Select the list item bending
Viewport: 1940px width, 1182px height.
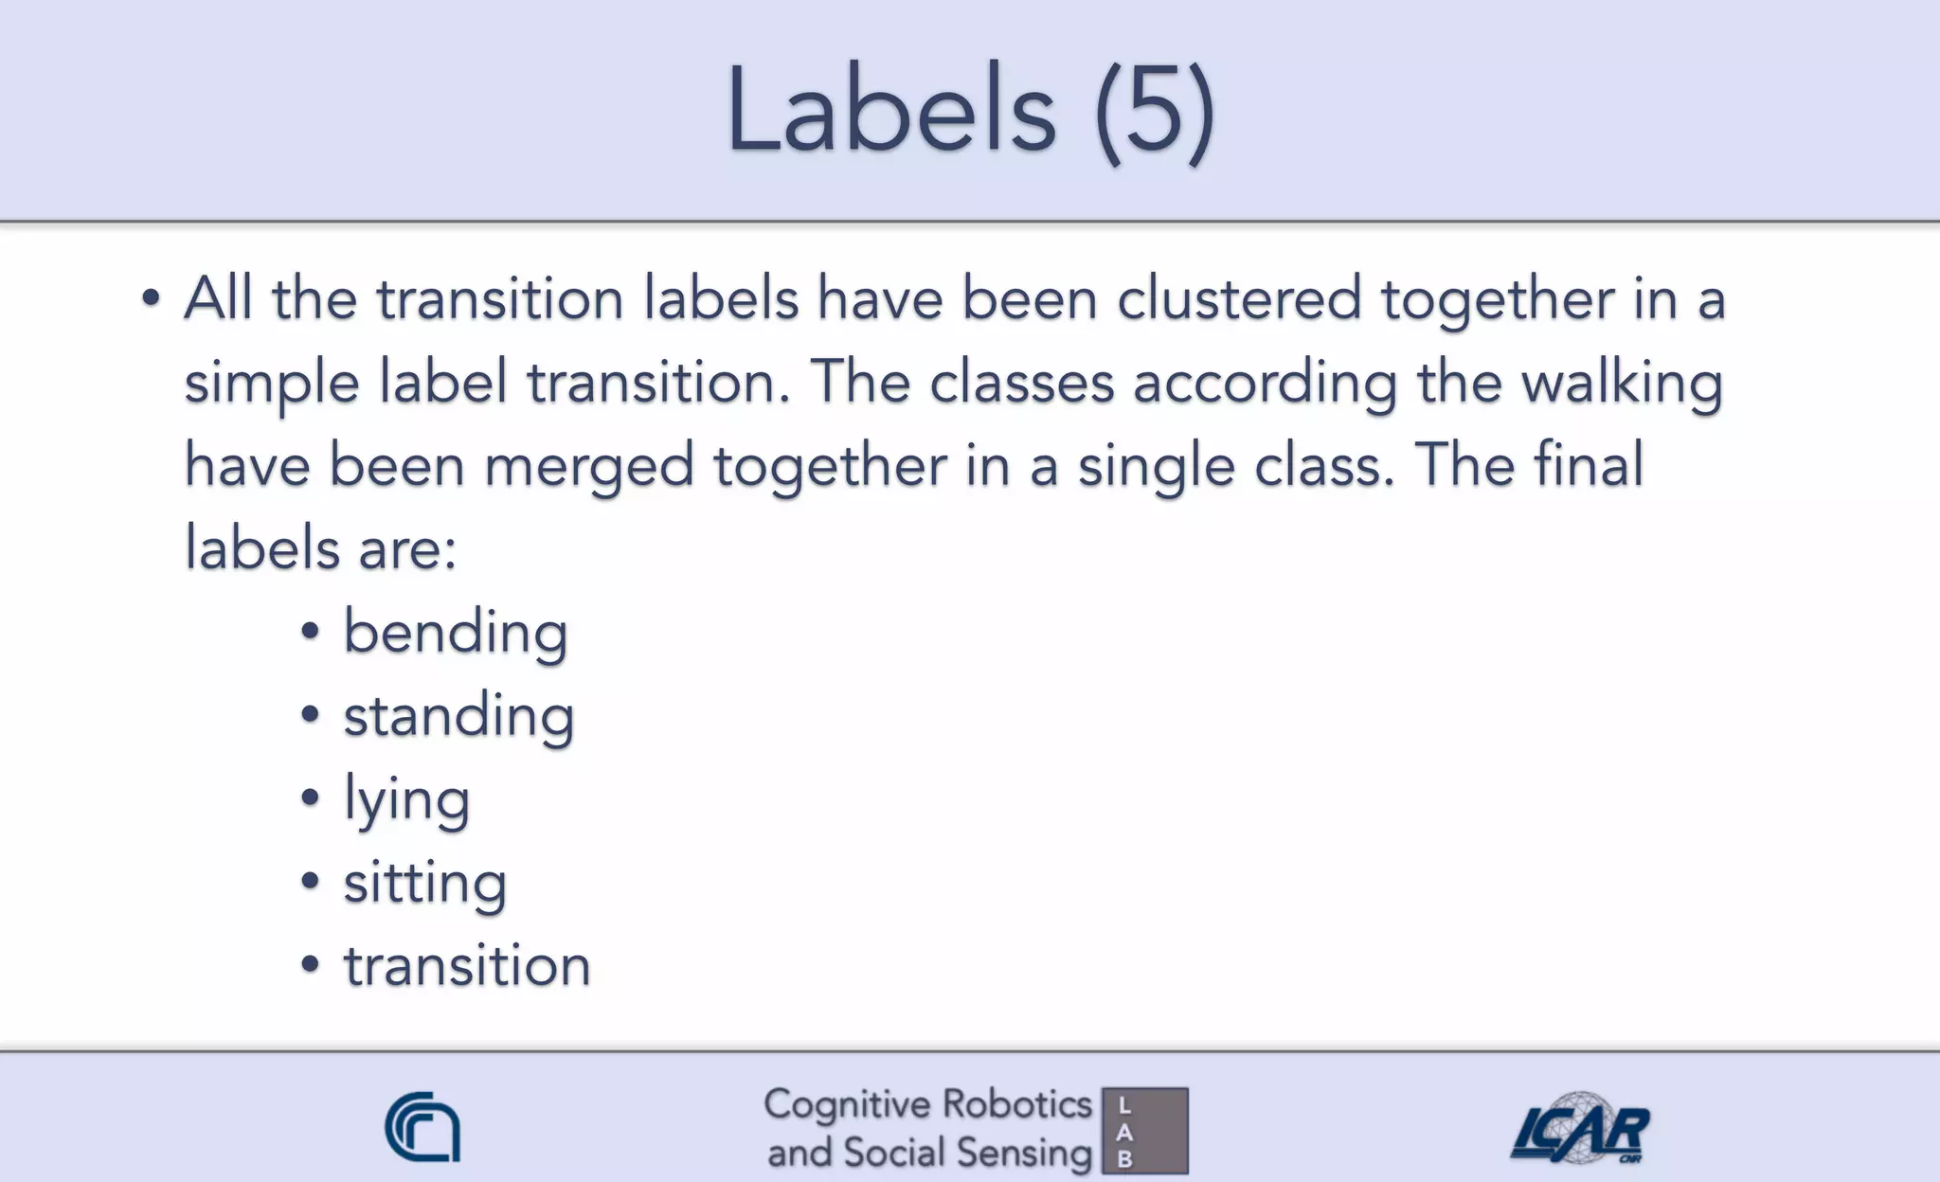point(455,633)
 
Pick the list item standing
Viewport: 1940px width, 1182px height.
point(458,716)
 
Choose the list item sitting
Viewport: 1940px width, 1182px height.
point(424,884)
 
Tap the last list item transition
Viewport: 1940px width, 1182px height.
point(467,967)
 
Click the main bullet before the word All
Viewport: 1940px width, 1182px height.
point(151,299)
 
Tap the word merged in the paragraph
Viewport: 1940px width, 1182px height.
point(589,467)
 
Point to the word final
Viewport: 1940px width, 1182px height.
point(1589,466)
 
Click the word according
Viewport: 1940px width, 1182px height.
point(1265,384)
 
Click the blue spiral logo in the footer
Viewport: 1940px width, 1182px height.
point(422,1127)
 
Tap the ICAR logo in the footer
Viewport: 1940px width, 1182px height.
point(1579,1129)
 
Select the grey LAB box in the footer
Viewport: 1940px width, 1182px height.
point(1145,1131)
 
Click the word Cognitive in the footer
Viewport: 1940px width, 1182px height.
point(847,1105)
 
